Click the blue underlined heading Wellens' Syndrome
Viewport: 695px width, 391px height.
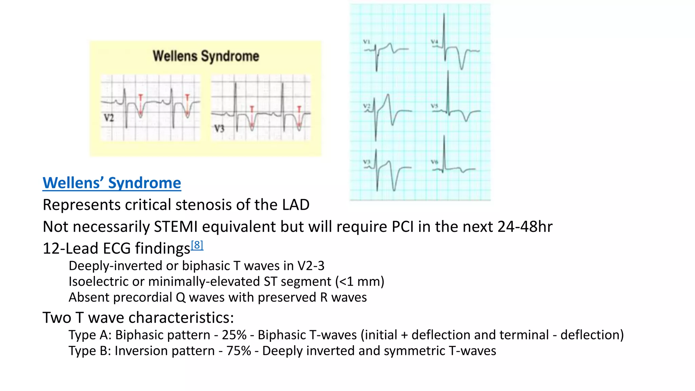coord(112,183)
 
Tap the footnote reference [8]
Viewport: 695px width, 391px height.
coord(197,245)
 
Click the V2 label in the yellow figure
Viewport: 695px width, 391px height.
coord(109,118)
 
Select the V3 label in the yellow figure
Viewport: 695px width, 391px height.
coord(219,129)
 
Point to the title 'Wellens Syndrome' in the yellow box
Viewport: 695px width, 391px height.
coord(206,56)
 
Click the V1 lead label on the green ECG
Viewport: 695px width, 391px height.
coord(367,42)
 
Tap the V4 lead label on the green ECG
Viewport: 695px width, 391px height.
coord(434,42)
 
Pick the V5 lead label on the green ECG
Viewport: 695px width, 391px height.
coord(434,106)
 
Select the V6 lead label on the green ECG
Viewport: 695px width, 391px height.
coord(434,162)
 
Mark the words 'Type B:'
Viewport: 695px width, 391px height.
coord(90,351)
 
